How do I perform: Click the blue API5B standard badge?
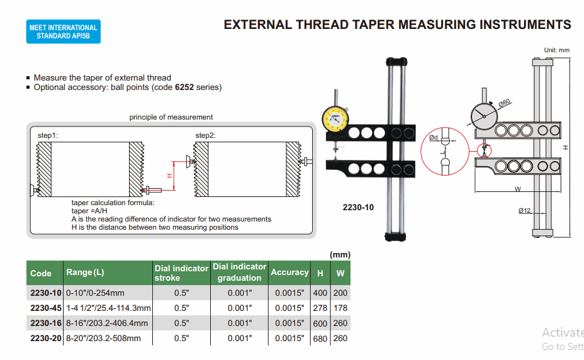(63, 31)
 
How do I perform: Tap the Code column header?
(41, 273)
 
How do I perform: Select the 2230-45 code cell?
(45, 308)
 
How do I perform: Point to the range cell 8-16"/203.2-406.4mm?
(107, 323)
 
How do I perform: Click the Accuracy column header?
(289, 273)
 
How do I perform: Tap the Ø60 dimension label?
(505, 102)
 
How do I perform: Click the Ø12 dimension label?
(525, 211)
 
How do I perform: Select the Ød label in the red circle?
(434, 137)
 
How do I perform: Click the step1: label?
(48, 135)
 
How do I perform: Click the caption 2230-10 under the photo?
(358, 207)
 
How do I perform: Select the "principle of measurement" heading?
(171, 117)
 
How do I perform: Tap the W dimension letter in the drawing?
(517, 189)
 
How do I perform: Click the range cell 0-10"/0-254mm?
(96, 293)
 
